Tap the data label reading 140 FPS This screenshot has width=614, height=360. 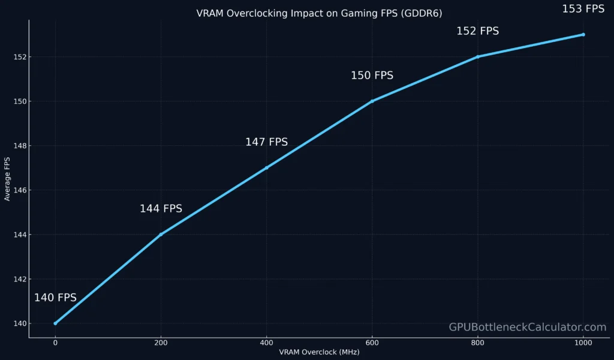click(x=55, y=298)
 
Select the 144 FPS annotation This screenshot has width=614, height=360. click(x=161, y=209)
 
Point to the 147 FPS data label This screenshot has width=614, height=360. click(x=266, y=142)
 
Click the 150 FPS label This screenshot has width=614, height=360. click(x=372, y=76)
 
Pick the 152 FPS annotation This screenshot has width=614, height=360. click(x=477, y=31)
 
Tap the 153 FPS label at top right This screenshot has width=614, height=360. click(x=583, y=9)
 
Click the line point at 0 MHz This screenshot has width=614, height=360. click(x=55, y=323)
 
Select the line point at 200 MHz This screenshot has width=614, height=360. click(x=161, y=235)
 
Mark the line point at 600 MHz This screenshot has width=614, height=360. click(x=372, y=101)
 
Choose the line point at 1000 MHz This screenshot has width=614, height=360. click(x=583, y=35)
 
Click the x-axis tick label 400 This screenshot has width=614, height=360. click(x=266, y=343)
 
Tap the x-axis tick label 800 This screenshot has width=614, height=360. click(x=477, y=343)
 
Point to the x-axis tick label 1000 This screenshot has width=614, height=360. click(x=583, y=343)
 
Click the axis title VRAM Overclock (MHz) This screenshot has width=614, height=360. click(x=319, y=352)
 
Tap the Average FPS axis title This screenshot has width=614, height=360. click(x=7, y=179)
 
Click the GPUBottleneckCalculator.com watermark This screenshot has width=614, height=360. click(x=528, y=327)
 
